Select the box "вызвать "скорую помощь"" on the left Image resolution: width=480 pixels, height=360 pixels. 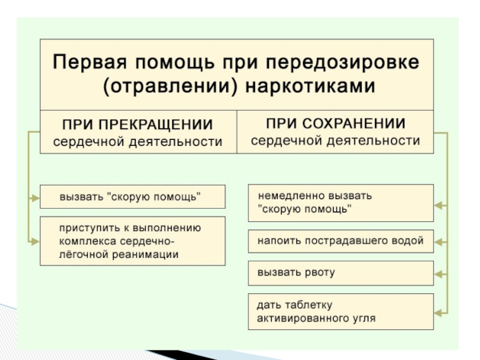coord(133,197)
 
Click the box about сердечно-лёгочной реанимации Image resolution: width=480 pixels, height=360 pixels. coord(133,241)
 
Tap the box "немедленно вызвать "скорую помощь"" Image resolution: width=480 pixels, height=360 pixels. coord(340,203)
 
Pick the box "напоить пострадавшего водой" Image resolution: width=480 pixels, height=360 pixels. coord(340,241)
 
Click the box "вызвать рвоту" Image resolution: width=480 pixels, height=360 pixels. coord(340,272)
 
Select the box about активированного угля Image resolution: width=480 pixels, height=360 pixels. coord(340,311)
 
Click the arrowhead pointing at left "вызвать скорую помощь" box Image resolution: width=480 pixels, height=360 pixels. coord(35,197)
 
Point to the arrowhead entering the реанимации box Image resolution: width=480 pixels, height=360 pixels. coord(35,241)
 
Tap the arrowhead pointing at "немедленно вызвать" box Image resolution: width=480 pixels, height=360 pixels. coord(439,205)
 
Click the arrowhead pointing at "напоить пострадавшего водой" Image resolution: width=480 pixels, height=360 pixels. coord(439,242)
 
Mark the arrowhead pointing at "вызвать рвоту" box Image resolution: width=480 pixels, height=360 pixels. coord(439,275)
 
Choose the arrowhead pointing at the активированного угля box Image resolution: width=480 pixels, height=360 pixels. coord(439,311)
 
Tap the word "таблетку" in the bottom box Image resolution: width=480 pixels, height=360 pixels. coord(304,305)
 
